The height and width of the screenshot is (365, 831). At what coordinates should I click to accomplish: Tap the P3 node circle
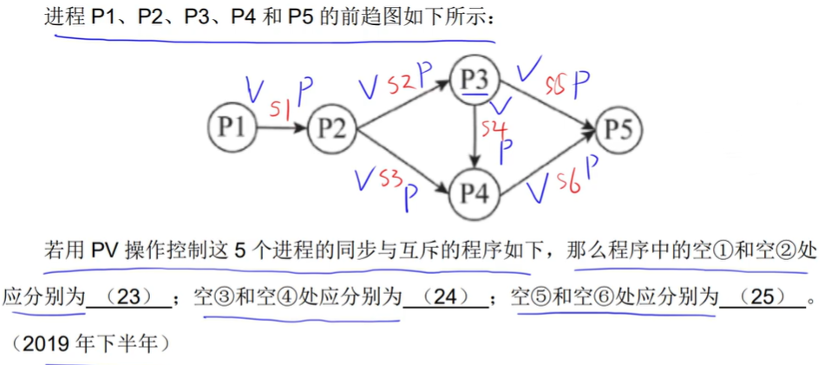[x=475, y=81]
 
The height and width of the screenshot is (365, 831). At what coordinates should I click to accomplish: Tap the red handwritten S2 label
[x=400, y=85]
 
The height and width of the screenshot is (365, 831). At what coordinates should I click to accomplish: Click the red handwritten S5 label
[x=555, y=85]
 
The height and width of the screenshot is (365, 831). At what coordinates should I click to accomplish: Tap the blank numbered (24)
[x=445, y=297]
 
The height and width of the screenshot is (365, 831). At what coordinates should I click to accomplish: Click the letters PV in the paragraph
[x=103, y=251]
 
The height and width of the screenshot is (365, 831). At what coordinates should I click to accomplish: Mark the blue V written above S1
[x=255, y=88]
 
